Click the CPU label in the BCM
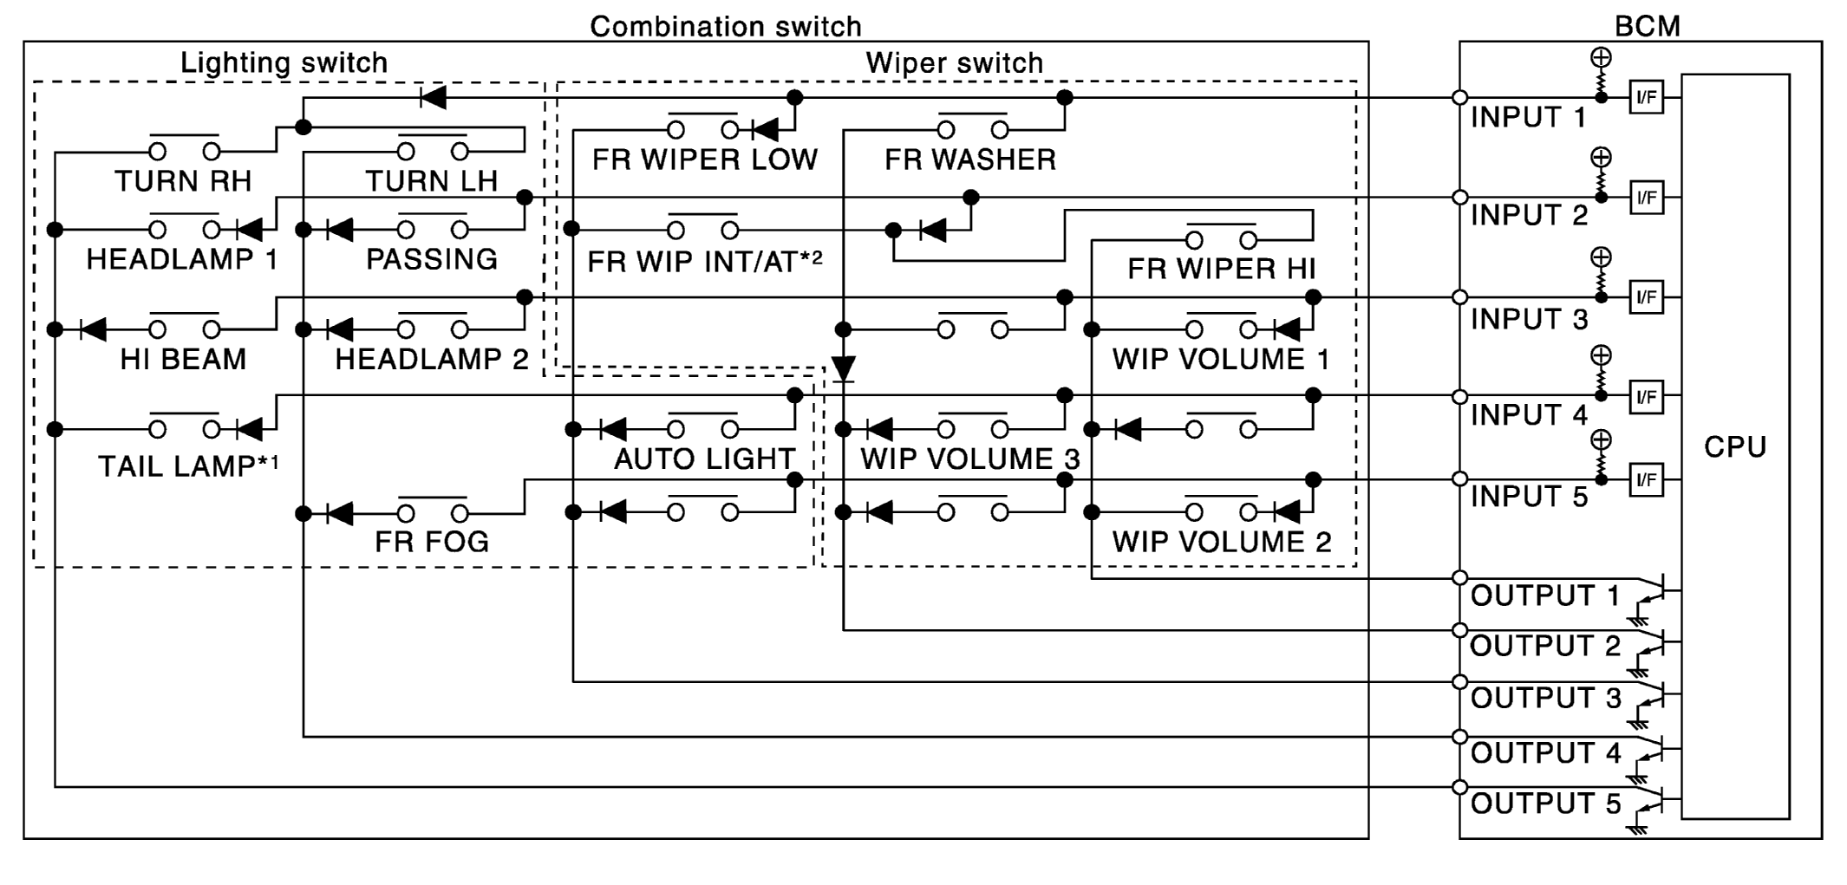pos(1734,447)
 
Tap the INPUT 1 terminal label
pos(1528,117)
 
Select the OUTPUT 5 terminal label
pos(1545,804)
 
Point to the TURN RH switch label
pos(183,181)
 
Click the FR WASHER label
pos(970,159)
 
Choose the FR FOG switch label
pos(432,542)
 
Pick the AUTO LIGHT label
pos(704,459)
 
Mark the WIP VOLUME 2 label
pos(1221,542)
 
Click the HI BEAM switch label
pos(183,359)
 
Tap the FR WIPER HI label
pos(1221,270)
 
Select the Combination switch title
pos(726,26)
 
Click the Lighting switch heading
pos(284,62)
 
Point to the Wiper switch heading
pos(954,62)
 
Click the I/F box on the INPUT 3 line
pos(1646,297)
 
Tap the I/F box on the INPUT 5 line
pos(1646,479)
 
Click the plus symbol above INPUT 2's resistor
pos(1601,158)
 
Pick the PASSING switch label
pos(432,259)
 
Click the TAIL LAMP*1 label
pos(188,466)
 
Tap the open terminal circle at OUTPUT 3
pos(1459,682)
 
